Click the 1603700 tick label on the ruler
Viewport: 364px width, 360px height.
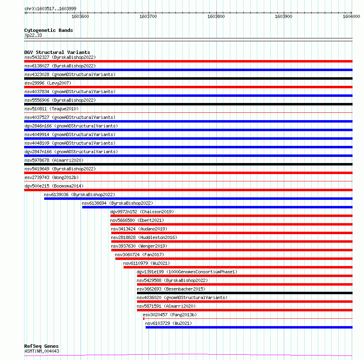148,16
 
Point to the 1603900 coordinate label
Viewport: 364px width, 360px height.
283,16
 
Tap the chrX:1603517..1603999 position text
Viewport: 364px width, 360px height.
50,8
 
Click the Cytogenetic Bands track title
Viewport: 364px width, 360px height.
49,30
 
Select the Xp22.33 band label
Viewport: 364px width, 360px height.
33,35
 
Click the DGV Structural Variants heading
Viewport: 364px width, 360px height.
57,52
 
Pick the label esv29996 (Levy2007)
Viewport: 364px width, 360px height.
48,83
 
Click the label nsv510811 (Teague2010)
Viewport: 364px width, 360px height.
51,109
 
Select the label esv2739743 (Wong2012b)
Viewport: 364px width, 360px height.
52,177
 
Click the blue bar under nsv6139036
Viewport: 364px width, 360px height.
198,199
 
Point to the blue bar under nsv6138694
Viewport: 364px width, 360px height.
217,207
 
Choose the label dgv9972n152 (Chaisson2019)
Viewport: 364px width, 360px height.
142,212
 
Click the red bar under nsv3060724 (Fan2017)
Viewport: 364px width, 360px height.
234,259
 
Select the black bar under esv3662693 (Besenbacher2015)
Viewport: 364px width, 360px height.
244,293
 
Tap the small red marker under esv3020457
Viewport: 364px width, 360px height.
144,319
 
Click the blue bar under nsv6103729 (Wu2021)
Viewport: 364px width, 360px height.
249,327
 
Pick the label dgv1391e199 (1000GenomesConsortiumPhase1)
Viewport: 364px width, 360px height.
187,272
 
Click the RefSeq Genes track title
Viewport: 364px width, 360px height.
41,346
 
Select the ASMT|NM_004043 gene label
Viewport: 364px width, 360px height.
42,351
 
